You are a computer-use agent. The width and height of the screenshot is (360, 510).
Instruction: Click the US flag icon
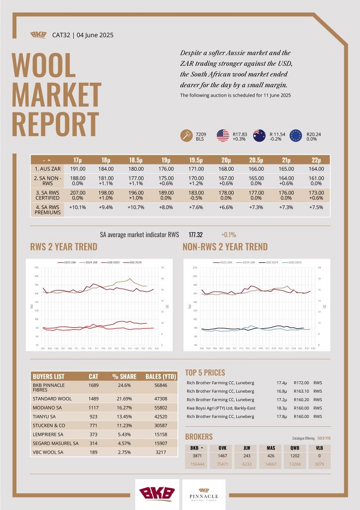pos(223,136)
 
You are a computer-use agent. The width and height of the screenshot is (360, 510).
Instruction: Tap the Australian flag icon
pos(259,136)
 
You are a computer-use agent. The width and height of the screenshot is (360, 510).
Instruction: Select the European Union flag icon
pos(296,136)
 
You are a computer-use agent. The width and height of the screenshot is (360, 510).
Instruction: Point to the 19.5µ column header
pos(196,160)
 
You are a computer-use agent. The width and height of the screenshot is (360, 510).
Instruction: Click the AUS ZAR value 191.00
pos(78,169)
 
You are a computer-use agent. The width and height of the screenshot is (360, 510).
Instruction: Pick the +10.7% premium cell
pos(136,207)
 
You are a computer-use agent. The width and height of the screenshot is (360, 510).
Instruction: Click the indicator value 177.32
pos(196,235)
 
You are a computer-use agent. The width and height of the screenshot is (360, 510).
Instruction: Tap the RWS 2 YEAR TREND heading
pos(64,247)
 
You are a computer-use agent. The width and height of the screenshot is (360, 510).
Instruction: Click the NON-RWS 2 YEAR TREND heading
pos(225,247)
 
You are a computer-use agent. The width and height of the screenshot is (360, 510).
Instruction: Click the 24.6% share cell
pos(121,384)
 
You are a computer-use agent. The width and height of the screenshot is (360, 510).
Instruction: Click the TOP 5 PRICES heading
pos(205,372)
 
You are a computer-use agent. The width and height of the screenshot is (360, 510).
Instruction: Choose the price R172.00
pos(301,383)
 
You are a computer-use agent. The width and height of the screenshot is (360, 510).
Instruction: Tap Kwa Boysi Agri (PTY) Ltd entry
pos(220,408)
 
